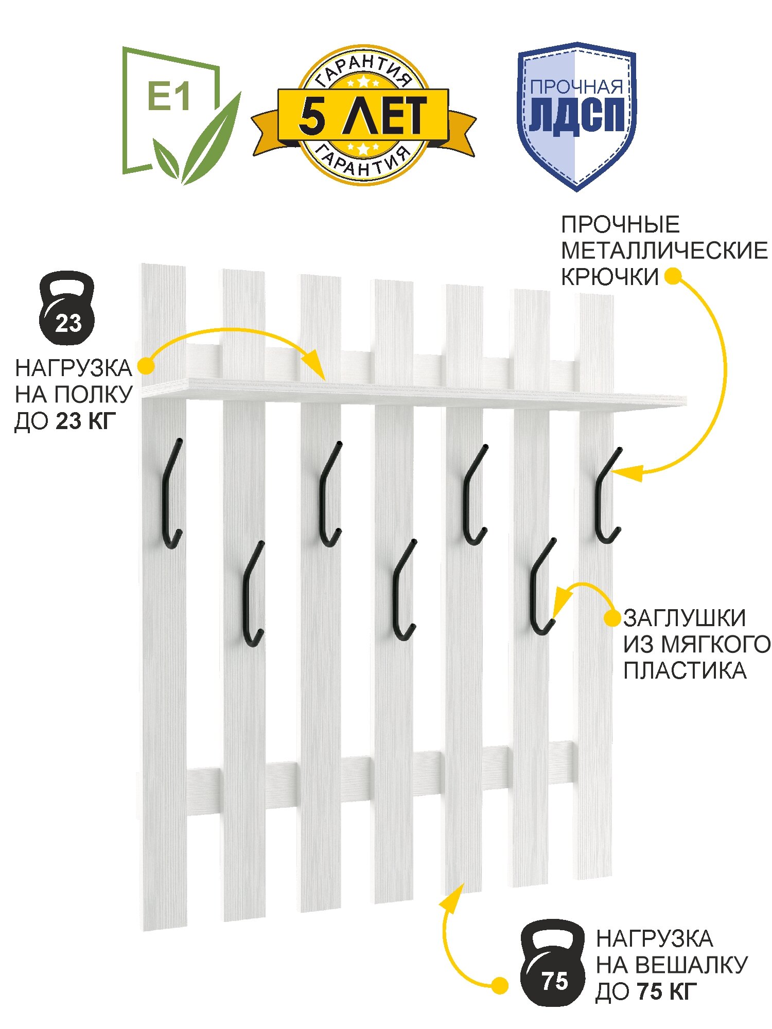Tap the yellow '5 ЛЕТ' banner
pos(363,115)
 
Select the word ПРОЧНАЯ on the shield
pos(576,87)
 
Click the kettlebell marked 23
pos(67,308)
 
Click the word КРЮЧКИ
pos(609,277)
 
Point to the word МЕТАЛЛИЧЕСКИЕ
pos(664,251)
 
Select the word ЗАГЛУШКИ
pos(685,618)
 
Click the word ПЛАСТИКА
pos(685,670)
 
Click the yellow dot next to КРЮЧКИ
pos(672,277)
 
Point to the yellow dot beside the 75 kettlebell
pos(499,986)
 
